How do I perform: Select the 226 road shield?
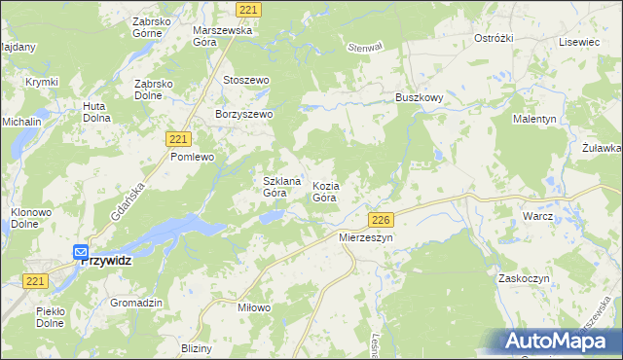[x=381, y=220]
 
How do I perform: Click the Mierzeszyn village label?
[x=365, y=236]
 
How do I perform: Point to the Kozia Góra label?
[x=325, y=192]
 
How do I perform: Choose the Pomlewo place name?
[x=192, y=156]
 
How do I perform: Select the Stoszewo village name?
[x=245, y=80]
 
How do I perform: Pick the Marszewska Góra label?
[x=223, y=36]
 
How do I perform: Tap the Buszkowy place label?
[x=420, y=98]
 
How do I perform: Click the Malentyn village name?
[x=534, y=119]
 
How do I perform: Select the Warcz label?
[x=537, y=216]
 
